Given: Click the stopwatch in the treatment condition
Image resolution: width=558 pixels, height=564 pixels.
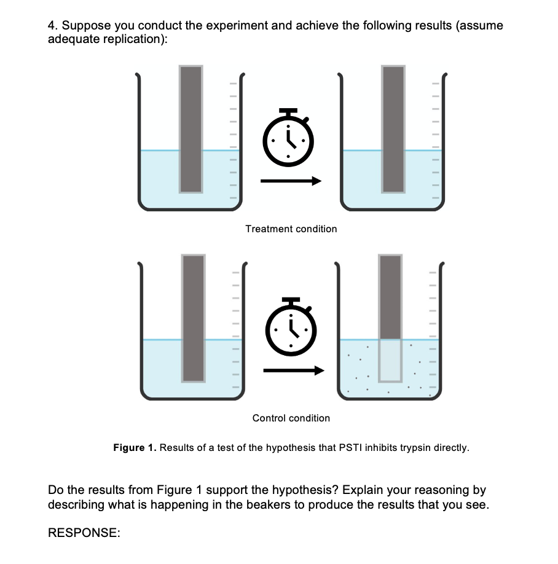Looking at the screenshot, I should click(x=288, y=139).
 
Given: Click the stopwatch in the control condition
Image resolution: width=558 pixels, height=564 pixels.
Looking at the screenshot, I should click(x=291, y=329).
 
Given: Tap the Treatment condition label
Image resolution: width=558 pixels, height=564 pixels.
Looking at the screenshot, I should click(x=291, y=229).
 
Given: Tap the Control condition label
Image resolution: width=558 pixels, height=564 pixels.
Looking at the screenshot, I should click(x=291, y=418).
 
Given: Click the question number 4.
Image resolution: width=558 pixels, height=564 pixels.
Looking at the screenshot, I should click(x=52, y=26).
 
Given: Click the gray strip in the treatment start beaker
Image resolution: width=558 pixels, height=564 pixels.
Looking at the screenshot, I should click(x=191, y=129).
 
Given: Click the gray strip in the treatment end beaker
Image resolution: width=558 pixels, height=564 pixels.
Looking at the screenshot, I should click(x=393, y=129).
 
